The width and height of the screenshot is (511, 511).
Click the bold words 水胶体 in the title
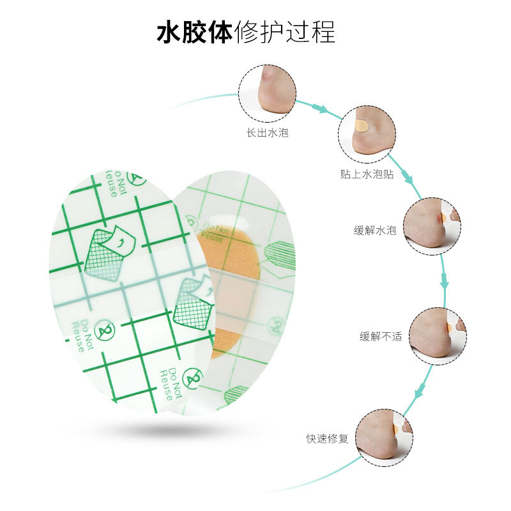coord(195,31)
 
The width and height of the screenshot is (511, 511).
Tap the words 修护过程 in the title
coord(285,31)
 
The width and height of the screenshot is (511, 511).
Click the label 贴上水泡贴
coord(367,174)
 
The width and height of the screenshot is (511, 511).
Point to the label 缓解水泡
coord(376,231)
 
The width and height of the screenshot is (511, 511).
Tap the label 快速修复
coord(327,439)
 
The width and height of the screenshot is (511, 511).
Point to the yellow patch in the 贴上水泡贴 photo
coord(362,125)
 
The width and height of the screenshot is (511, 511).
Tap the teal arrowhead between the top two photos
coord(323,111)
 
